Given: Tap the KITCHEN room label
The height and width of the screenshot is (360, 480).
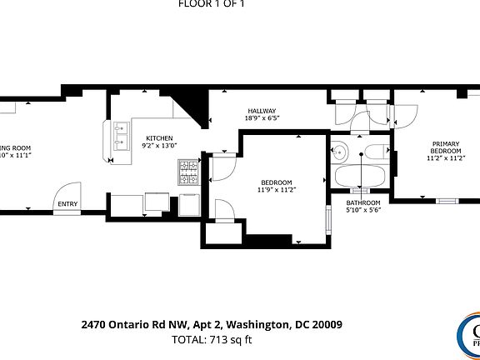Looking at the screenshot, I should click(x=159, y=137).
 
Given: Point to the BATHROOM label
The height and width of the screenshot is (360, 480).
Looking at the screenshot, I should click(x=363, y=203).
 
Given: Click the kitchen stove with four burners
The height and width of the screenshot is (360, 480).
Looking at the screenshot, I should click(x=187, y=172).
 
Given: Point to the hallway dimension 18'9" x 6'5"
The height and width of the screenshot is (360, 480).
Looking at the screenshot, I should click(x=262, y=118).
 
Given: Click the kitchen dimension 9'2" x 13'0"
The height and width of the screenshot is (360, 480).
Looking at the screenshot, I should click(x=159, y=146).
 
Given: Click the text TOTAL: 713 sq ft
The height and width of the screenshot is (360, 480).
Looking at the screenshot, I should click(x=212, y=339).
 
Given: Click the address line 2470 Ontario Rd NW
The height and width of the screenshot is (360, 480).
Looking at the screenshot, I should click(x=212, y=324).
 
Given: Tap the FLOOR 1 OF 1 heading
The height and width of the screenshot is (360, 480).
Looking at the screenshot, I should click(x=212, y=3).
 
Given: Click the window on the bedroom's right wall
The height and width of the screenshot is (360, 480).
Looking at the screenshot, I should click(x=326, y=224).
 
